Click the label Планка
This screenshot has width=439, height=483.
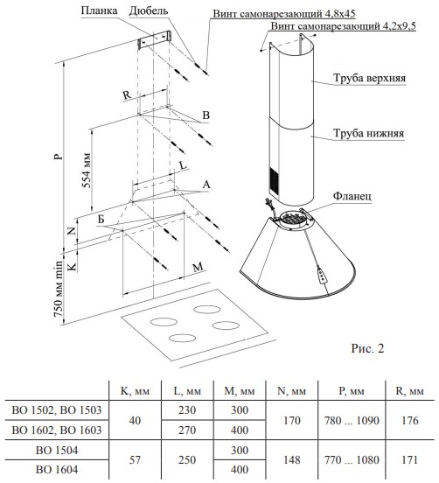99,10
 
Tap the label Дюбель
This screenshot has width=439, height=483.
149,10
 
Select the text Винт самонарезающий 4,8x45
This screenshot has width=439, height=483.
284,13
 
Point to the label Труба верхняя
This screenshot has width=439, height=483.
369,78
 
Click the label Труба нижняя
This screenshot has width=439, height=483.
368,133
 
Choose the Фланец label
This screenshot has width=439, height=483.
352,196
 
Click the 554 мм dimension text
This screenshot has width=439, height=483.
87,170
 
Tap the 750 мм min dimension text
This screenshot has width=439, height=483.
59,289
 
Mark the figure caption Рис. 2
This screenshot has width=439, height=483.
367,348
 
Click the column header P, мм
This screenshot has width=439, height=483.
352,391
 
